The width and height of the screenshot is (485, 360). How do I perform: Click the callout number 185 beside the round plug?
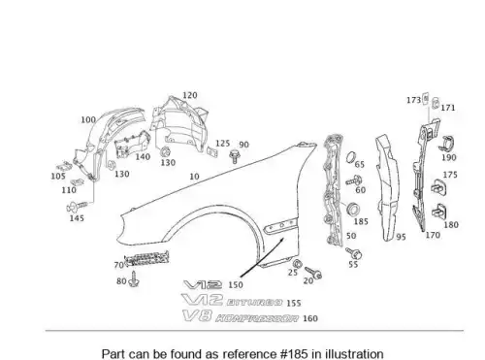pyautogui.click(x=361, y=221)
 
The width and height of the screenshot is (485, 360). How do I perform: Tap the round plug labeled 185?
pyautogui.click(x=352, y=209)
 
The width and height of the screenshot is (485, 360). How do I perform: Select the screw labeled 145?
pyautogui.click(x=77, y=206)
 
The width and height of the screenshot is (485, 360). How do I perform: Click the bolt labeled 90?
pyautogui.click(x=235, y=156)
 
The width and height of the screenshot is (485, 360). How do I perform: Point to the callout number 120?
pyautogui.click(x=190, y=95)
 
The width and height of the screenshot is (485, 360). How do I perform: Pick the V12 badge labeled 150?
pyautogui.click(x=203, y=285)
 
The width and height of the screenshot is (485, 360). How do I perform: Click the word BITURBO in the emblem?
pyautogui.click(x=254, y=303)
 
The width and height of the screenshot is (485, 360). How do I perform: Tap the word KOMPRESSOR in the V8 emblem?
pyautogui.click(x=257, y=318)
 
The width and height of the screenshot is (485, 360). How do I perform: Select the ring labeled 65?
pyautogui.click(x=351, y=157)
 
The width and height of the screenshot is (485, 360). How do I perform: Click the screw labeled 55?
pyautogui.click(x=354, y=253)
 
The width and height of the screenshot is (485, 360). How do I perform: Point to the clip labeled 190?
pyautogui.click(x=447, y=144)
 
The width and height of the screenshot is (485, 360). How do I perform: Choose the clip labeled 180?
pyautogui.click(x=439, y=212)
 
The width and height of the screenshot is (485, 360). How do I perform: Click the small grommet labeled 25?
pyautogui.click(x=298, y=264)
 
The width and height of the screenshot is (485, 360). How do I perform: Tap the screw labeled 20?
pyautogui.click(x=313, y=273)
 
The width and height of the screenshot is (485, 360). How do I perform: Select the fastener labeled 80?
pyautogui.click(x=134, y=279)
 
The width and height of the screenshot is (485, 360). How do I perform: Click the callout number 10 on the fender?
pyautogui.click(x=194, y=177)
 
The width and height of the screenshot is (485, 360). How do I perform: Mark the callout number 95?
pyautogui.click(x=401, y=237)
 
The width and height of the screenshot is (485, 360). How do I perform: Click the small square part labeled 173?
pyautogui.click(x=426, y=98)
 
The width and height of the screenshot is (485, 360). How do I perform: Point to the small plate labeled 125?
pyautogui.click(x=212, y=151)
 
